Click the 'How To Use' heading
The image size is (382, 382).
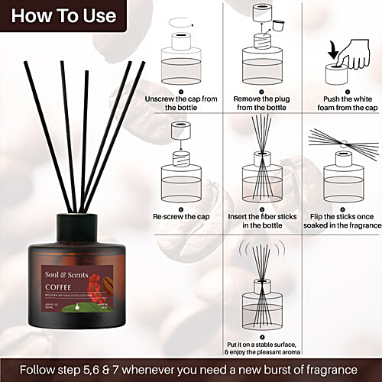[60, 15]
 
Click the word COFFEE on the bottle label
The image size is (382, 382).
[60, 288]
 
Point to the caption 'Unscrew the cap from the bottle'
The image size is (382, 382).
[181, 103]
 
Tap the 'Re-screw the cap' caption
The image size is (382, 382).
[181, 217]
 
